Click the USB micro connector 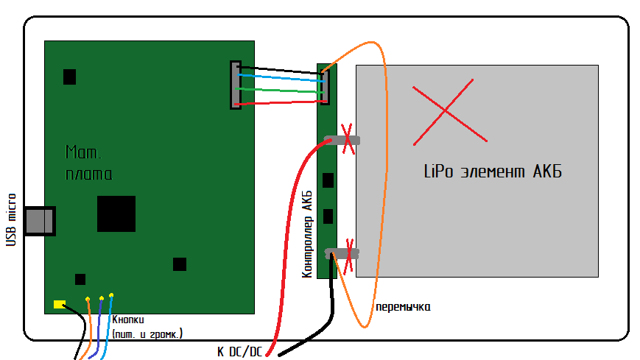click(x=40, y=221)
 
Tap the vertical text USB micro click(x=11, y=219)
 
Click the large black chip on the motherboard click(x=116, y=214)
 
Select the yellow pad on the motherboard click(x=59, y=303)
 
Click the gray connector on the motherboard click(x=236, y=85)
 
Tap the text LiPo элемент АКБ click(x=493, y=172)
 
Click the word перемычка click(x=402, y=306)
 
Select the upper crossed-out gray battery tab click(x=342, y=140)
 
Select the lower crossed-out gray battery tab click(x=342, y=254)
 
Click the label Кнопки click(x=128, y=320)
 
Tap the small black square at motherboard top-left click(x=69, y=76)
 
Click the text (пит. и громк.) click(x=147, y=334)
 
